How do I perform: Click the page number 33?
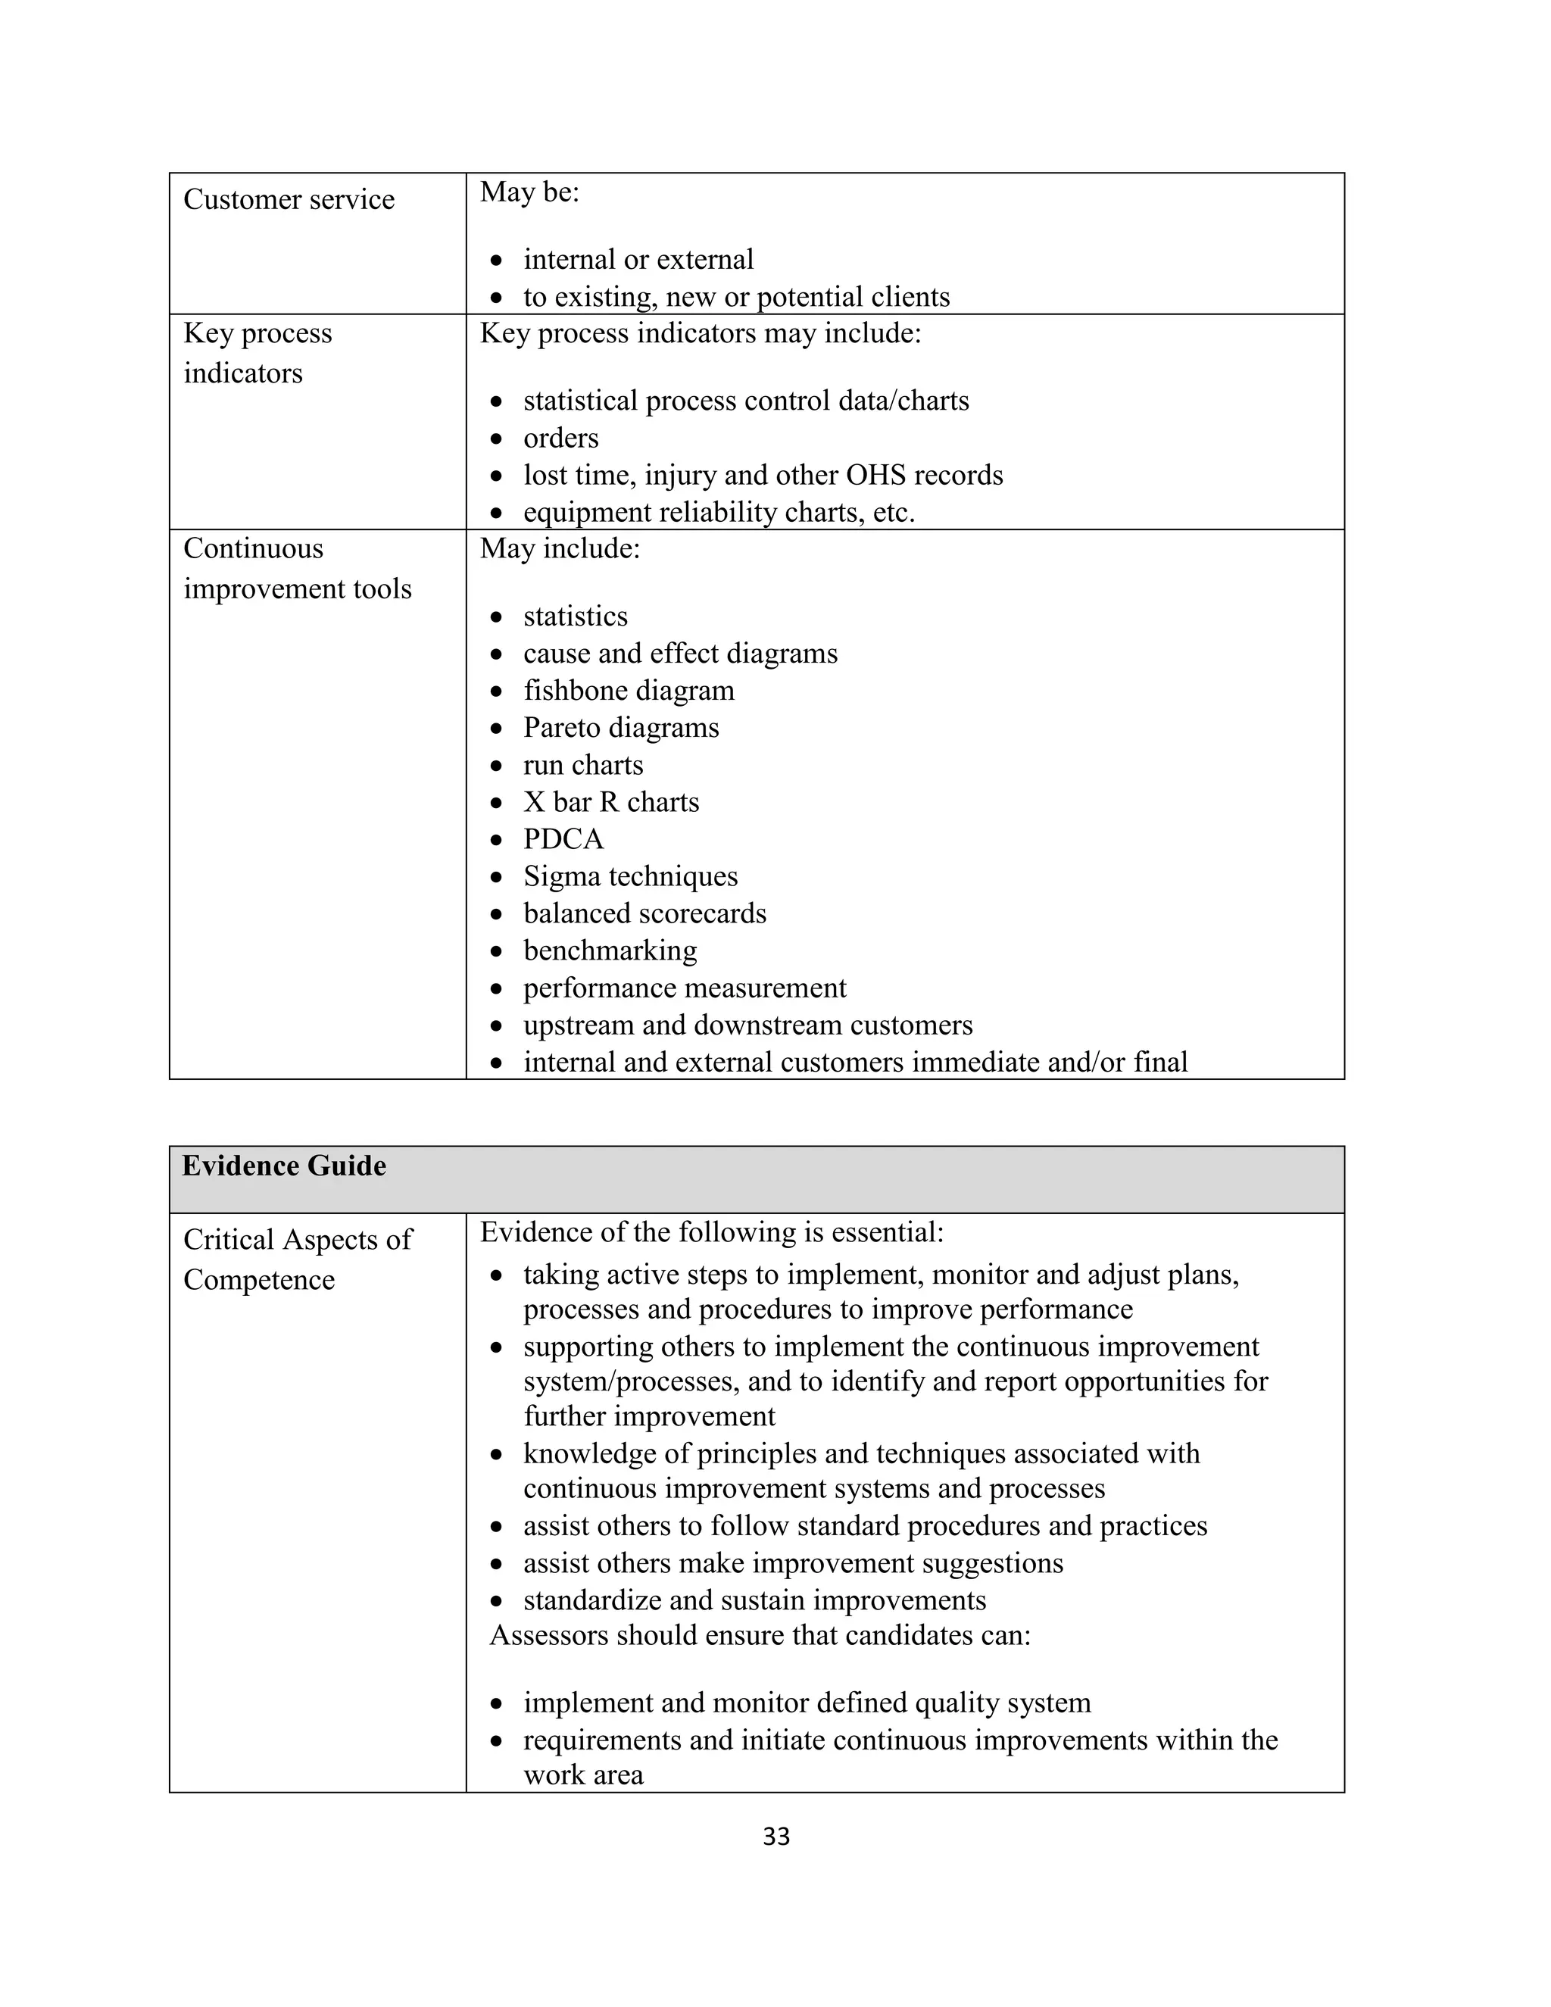click(x=775, y=1836)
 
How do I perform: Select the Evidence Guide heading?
click(x=284, y=1166)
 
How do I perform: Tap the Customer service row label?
click(x=289, y=199)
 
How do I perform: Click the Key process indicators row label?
click(x=257, y=353)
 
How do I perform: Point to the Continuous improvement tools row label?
click(x=297, y=568)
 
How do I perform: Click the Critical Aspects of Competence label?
click(x=297, y=1259)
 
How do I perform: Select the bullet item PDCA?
click(x=563, y=839)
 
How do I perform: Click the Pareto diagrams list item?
click(x=621, y=728)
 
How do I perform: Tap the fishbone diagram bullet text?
click(x=629, y=690)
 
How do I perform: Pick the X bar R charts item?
click(x=611, y=802)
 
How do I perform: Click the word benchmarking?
click(x=610, y=950)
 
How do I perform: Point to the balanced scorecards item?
click(x=644, y=913)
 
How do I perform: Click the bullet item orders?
click(x=560, y=438)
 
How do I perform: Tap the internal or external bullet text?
click(x=638, y=259)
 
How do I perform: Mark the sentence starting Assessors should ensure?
click(x=759, y=1635)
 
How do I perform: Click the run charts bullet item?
click(x=582, y=765)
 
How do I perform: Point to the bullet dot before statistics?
click(x=496, y=616)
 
